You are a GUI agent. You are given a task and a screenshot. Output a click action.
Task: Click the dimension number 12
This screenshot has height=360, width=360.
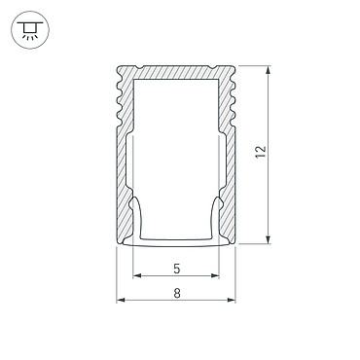click(261, 152)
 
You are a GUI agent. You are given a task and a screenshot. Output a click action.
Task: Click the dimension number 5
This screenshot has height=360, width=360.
click(176, 269)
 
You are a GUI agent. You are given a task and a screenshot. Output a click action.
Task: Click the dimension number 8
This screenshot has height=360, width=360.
click(176, 293)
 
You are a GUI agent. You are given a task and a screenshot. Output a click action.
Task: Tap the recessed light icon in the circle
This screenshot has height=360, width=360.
click(30, 30)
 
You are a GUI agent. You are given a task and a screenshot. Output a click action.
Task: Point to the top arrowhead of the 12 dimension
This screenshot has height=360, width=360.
click(268, 70)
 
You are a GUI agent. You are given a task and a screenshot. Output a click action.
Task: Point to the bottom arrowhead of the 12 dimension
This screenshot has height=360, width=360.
click(268, 239)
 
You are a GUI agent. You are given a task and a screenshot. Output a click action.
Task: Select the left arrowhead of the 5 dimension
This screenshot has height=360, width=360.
click(137, 276)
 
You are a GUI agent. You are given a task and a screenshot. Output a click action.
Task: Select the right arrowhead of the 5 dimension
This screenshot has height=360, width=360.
click(215, 276)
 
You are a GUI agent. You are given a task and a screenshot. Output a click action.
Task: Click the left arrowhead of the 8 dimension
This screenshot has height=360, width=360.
click(121, 301)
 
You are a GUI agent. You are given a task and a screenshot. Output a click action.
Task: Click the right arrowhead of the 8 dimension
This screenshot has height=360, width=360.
click(232, 301)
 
